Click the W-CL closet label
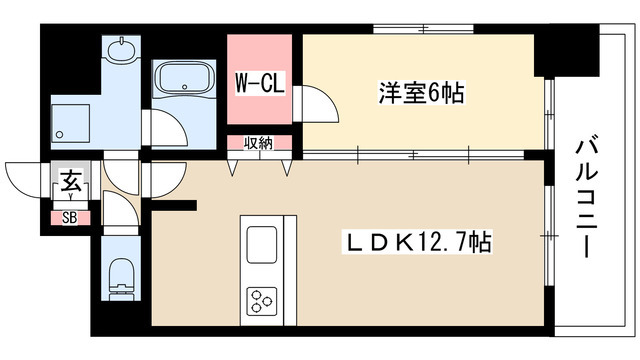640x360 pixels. pyautogui.click(x=260, y=84)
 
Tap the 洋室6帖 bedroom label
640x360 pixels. pyautogui.click(x=422, y=93)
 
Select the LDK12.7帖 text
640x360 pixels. pyautogui.click(x=417, y=242)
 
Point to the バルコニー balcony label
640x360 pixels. pyautogui.click(x=586, y=199)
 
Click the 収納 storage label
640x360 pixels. pyautogui.click(x=258, y=143)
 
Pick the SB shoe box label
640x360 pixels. pyautogui.click(x=70, y=218)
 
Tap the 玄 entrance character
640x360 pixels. pyautogui.click(x=71, y=181)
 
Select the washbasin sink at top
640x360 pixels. pyautogui.click(x=121, y=50)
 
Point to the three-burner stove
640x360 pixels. pyautogui.click(x=261, y=302)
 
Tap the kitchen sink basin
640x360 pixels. pyautogui.click(x=262, y=244)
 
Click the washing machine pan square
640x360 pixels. pyautogui.click(x=70, y=123)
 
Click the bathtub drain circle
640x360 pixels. pyautogui.click(x=185, y=87)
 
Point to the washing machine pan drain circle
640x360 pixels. pyautogui.click(x=60, y=134)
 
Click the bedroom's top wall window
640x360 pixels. pyautogui.click(x=423, y=29)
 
